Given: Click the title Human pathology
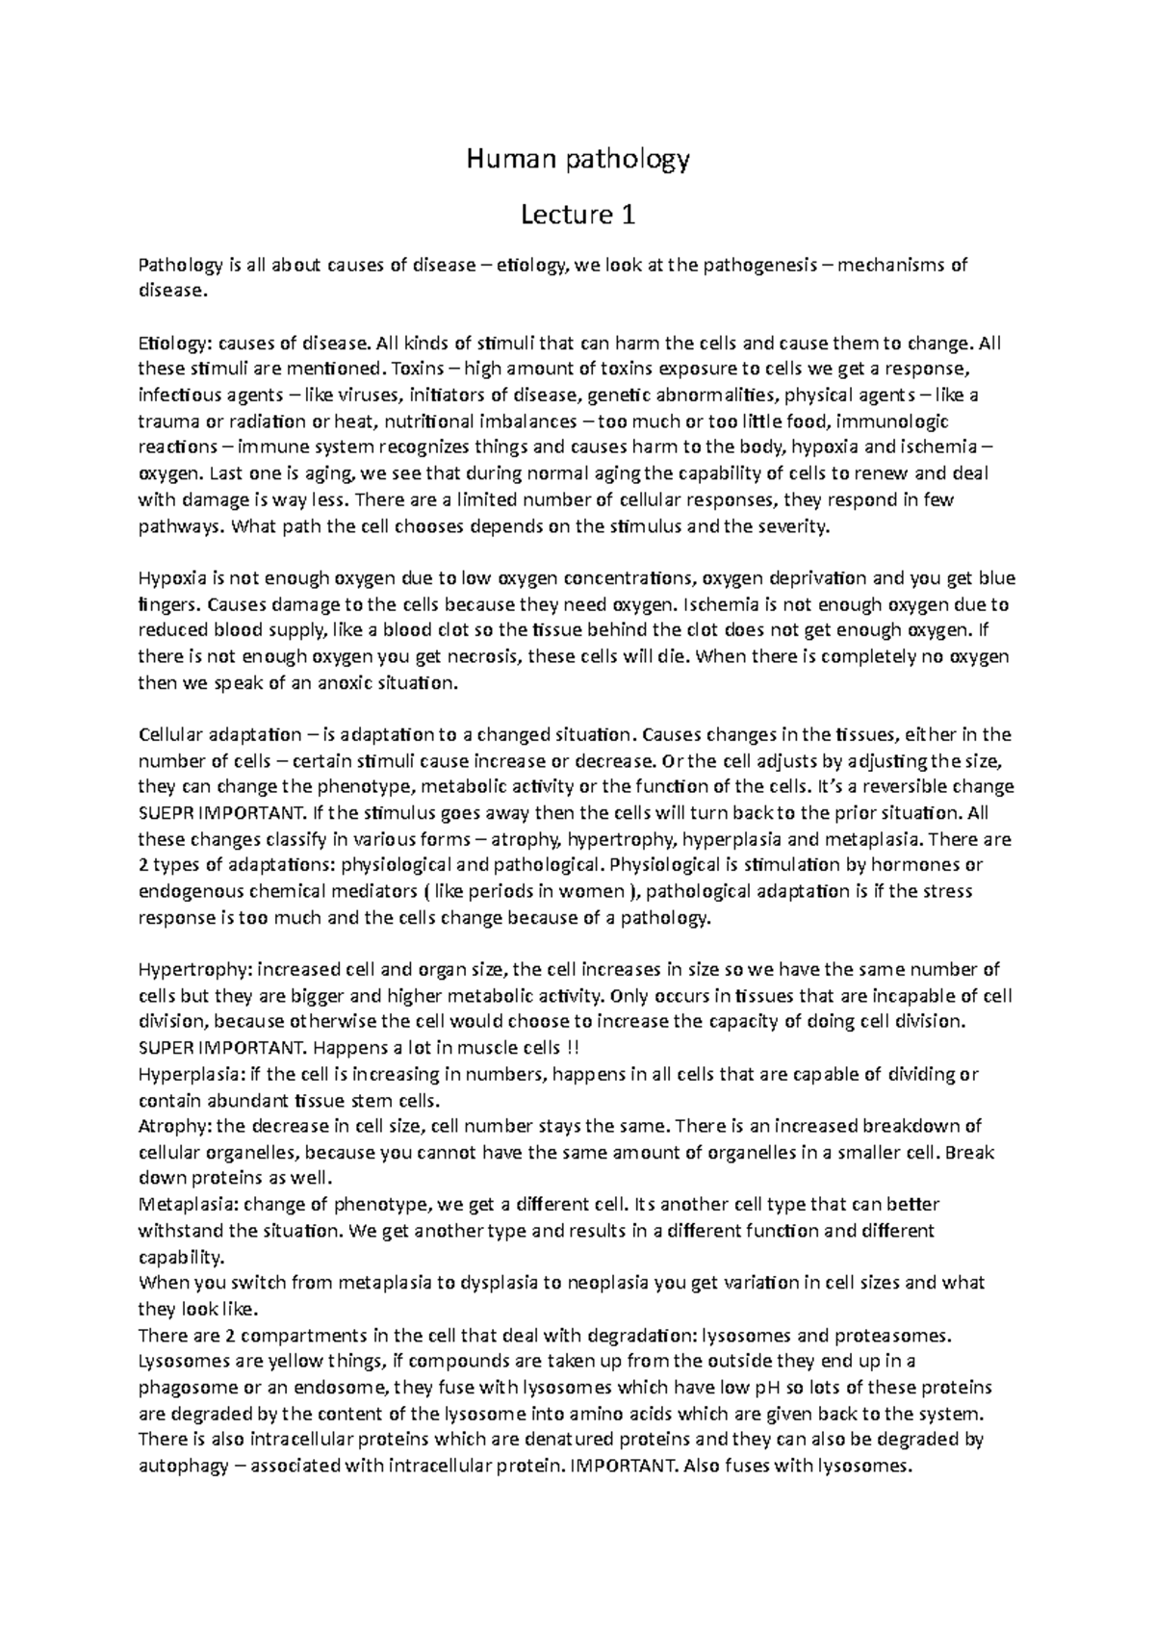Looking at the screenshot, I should tap(577, 159).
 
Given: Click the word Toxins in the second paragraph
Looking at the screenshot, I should tap(417, 370).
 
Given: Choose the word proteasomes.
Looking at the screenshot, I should tap(889, 1336).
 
